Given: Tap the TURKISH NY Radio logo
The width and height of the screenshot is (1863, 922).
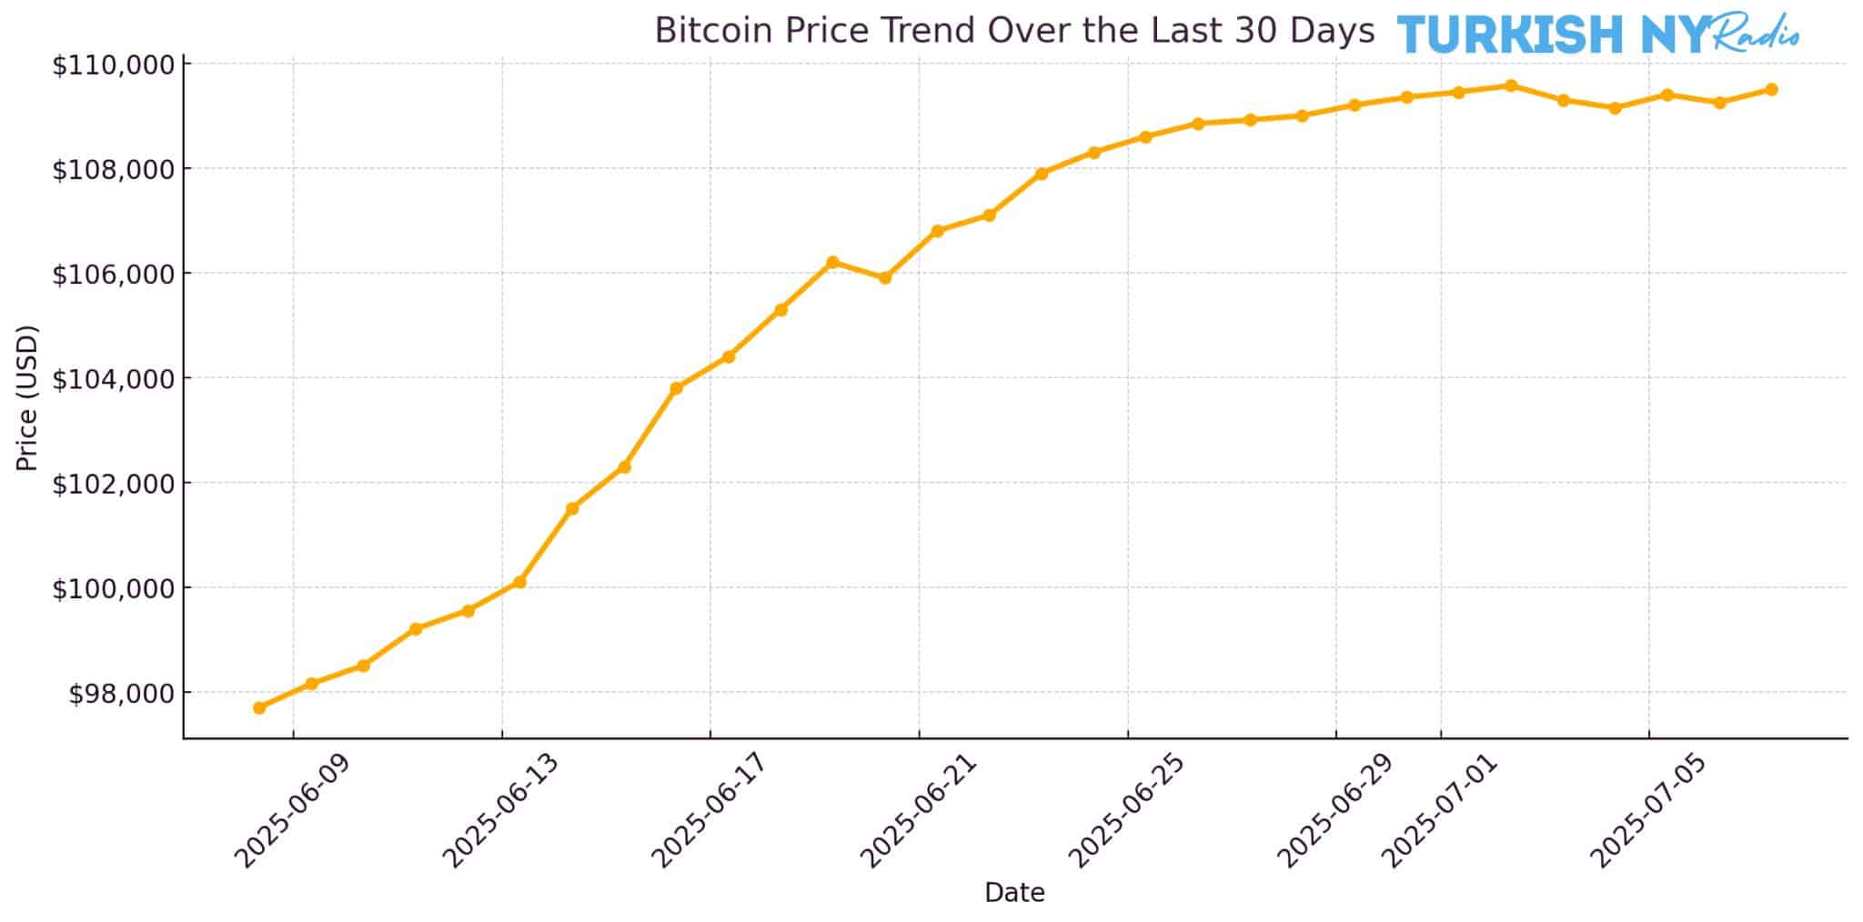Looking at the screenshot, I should (1597, 35).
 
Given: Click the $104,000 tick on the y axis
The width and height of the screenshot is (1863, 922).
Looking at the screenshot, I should (113, 378).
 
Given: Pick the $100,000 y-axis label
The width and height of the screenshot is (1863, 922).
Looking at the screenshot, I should (113, 588).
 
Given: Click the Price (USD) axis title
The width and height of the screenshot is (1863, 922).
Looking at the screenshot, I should (28, 397).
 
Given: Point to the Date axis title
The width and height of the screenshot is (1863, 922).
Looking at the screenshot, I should (1014, 893).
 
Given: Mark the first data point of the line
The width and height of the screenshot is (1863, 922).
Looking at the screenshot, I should (259, 707).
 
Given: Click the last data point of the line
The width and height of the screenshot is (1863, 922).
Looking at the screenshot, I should (1771, 89).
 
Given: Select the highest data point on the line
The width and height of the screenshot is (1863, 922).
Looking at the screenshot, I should (1511, 85).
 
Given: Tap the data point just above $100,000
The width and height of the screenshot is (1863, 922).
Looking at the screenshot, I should (519, 582).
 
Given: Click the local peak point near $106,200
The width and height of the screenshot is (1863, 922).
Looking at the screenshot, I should (832, 262).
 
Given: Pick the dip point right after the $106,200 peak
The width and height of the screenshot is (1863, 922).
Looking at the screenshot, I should (884, 277).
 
